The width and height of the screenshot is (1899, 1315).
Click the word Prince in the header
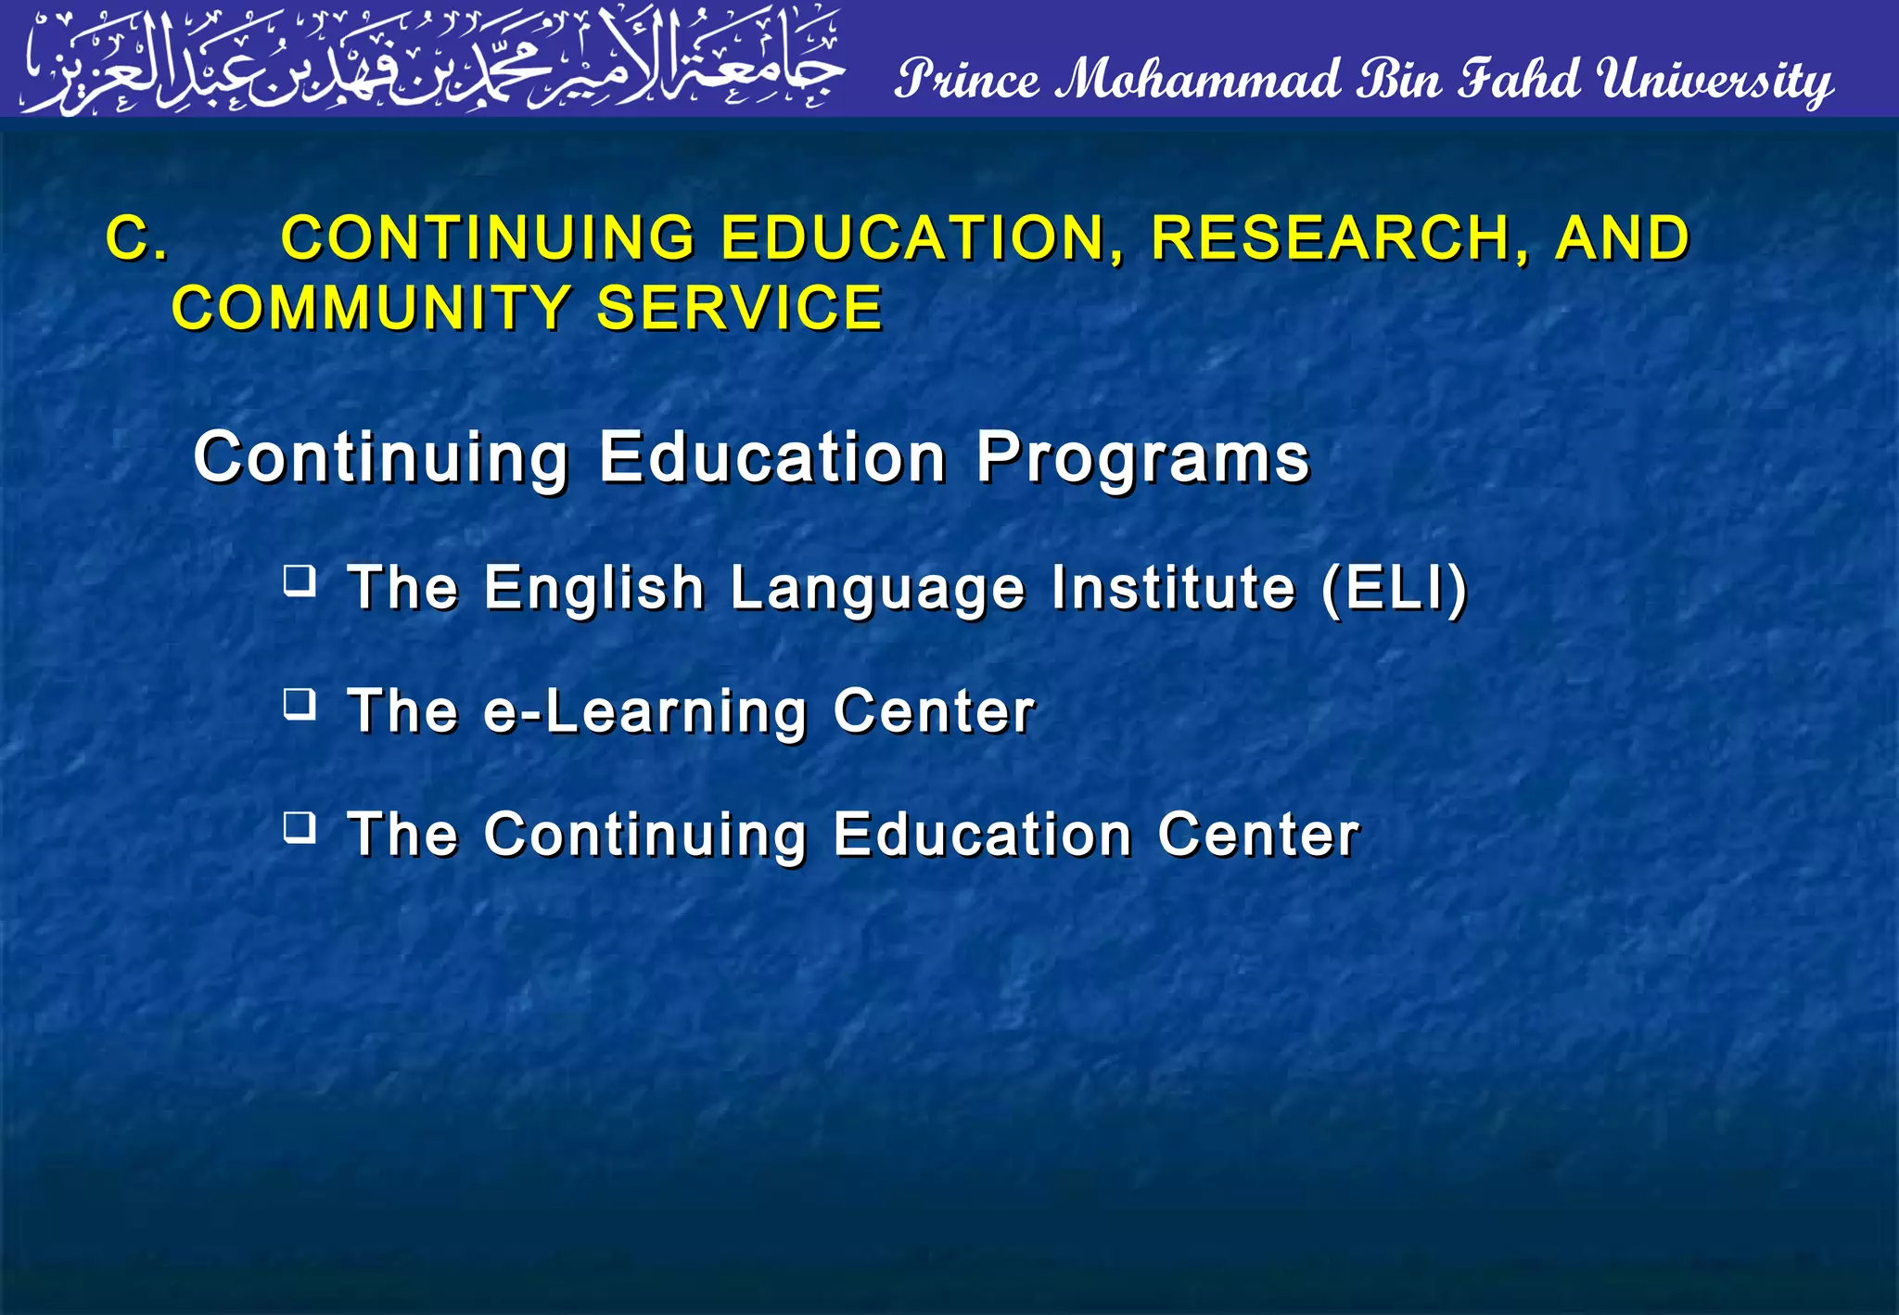click(968, 80)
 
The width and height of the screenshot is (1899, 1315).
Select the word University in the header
click(1715, 82)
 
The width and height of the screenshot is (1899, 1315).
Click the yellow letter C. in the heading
click(137, 238)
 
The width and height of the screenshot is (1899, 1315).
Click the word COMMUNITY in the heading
click(371, 308)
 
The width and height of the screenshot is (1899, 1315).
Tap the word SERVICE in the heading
click(739, 308)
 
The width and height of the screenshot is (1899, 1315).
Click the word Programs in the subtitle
click(1142, 458)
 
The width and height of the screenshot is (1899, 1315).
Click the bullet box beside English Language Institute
click(300, 581)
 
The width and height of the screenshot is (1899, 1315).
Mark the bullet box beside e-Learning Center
click(300, 705)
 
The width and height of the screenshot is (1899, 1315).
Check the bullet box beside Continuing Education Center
click(300, 827)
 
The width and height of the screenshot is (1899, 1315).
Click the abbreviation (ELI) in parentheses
click(1394, 588)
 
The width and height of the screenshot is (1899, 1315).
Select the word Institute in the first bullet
click(1173, 588)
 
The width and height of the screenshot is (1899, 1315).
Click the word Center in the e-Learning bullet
click(933, 711)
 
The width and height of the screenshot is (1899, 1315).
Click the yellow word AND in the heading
click(1623, 238)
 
